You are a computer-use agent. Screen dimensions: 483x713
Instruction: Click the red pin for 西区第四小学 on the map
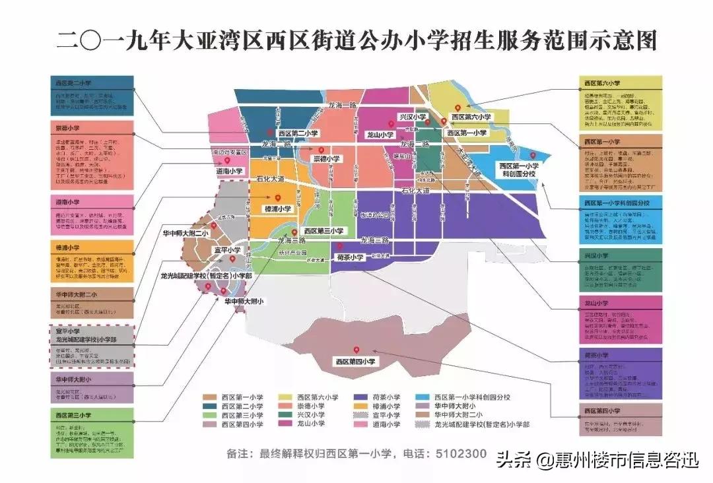click(x=356, y=350)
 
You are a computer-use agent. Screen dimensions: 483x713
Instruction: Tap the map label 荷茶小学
click(x=349, y=257)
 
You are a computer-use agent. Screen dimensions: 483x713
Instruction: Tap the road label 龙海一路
click(x=341, y=104)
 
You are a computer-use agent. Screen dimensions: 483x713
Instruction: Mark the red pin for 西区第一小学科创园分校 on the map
click(x=531, y=156)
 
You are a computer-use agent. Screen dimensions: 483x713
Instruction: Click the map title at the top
click(x=356, y=41)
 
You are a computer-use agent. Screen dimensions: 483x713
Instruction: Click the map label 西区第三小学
click(x=323, y=231)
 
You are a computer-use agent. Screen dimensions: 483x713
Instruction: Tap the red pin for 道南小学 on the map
click(x=226, y=160)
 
